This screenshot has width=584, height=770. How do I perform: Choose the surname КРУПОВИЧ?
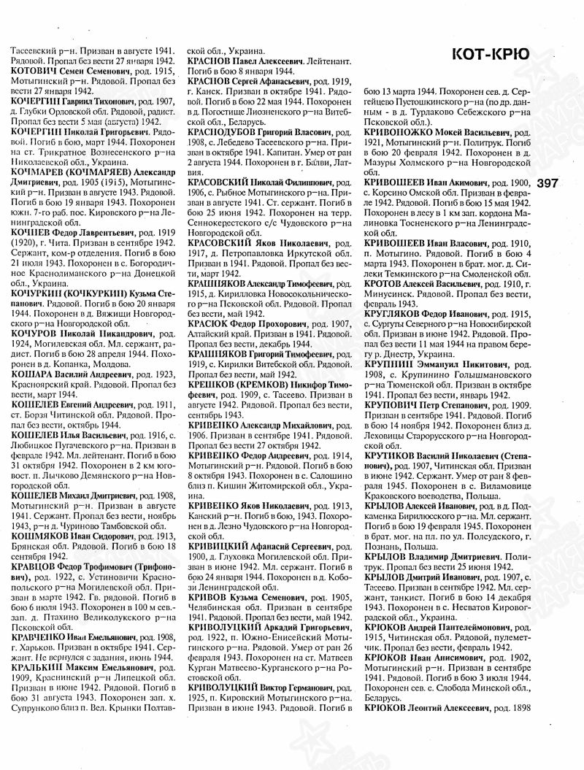[394, 403]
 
